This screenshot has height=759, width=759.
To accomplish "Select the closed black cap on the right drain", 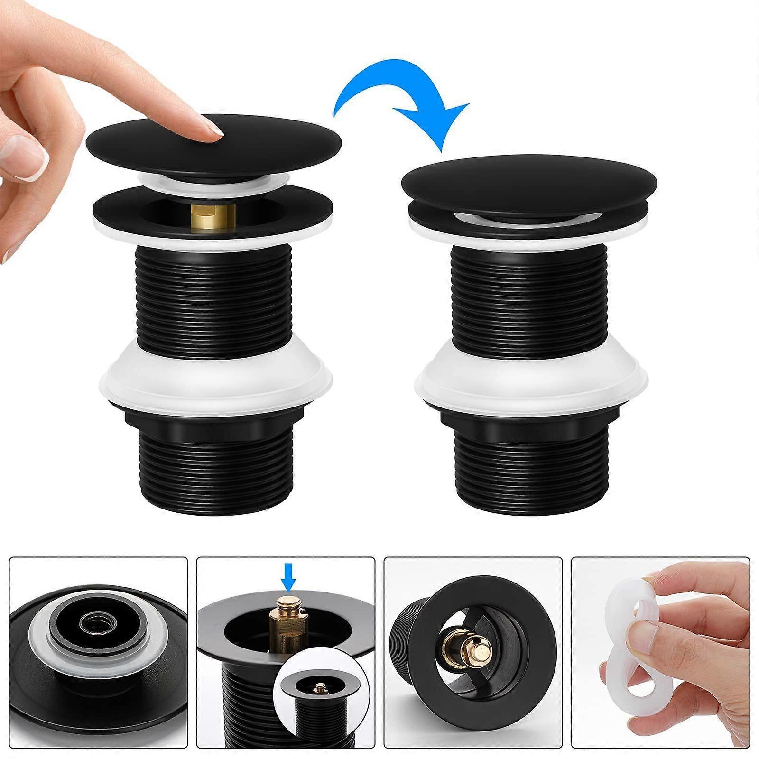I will coord(529,183).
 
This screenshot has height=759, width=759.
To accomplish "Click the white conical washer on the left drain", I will coord(216,379).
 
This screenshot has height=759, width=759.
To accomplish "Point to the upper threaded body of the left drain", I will coord(213,299).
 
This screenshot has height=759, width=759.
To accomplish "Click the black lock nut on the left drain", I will coord(216,425).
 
